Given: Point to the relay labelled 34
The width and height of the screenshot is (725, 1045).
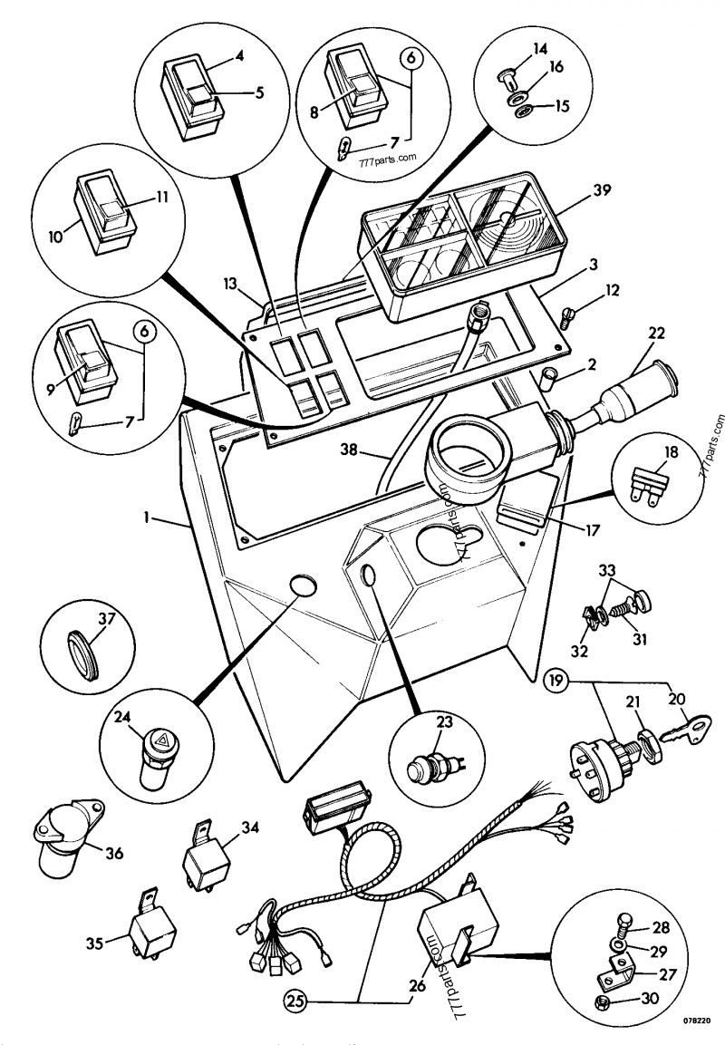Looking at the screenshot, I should pyautogui.click(x=205, y=851).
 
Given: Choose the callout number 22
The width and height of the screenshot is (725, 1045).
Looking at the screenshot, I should pyautogui.click(x=655, y=334).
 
